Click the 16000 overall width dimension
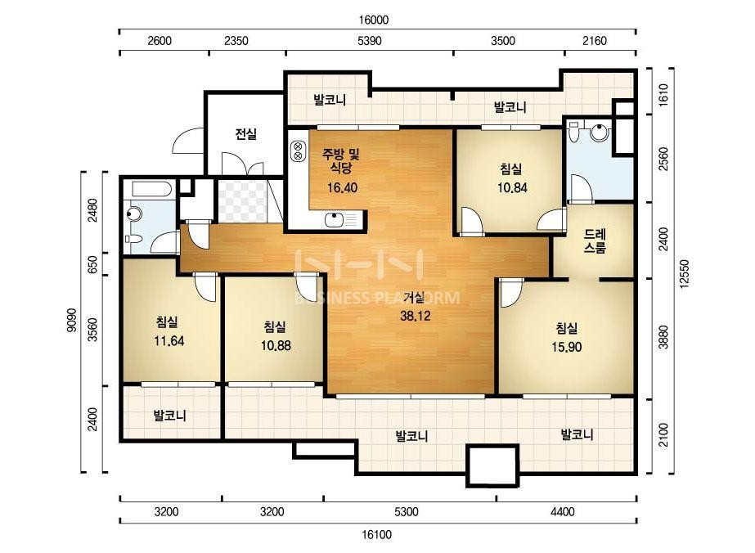(374, 20)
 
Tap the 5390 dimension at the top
(370, 41)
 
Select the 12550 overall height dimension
(685, 274)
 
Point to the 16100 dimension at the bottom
(376, 535)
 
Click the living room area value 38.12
(415, 316)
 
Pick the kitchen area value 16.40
(343, 187)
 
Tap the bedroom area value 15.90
(567, 347)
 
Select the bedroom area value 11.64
(169, 341)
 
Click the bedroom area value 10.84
(512, 187)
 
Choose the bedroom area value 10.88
(276, 345)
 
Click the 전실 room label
(245, 134)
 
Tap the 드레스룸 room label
(595, 241)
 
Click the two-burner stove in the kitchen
(298, 151)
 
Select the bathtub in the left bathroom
(151, 189)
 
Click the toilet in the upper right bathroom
(573, 132)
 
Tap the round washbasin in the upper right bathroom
(600, 132)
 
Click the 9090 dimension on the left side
(72, 321)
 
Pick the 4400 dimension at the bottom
(563, 511)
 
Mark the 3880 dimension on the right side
(664, 337)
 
